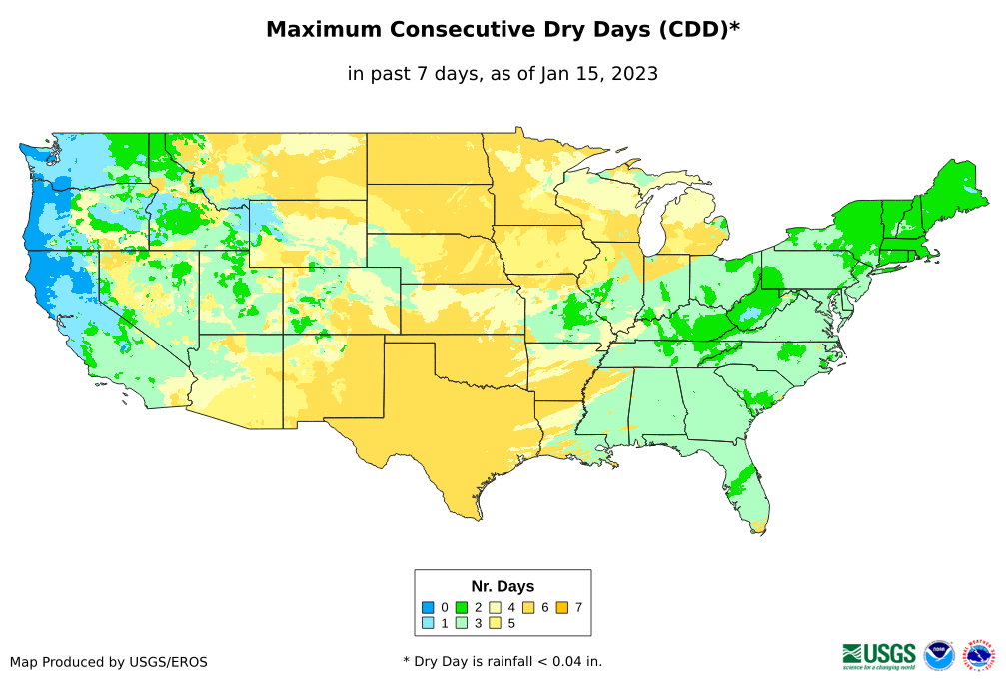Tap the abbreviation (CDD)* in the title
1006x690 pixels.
[697, 30]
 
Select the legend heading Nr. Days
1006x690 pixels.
[503, 586]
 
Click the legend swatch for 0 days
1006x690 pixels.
[428, 607]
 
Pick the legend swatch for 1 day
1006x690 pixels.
[428, 623]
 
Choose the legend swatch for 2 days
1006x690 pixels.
[462, 607]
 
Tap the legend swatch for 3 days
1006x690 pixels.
[462, 623]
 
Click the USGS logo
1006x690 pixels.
[879, 655]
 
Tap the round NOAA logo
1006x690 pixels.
[939, 655]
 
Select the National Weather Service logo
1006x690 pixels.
[980, 655]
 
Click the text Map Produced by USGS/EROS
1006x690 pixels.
[109, 662]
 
